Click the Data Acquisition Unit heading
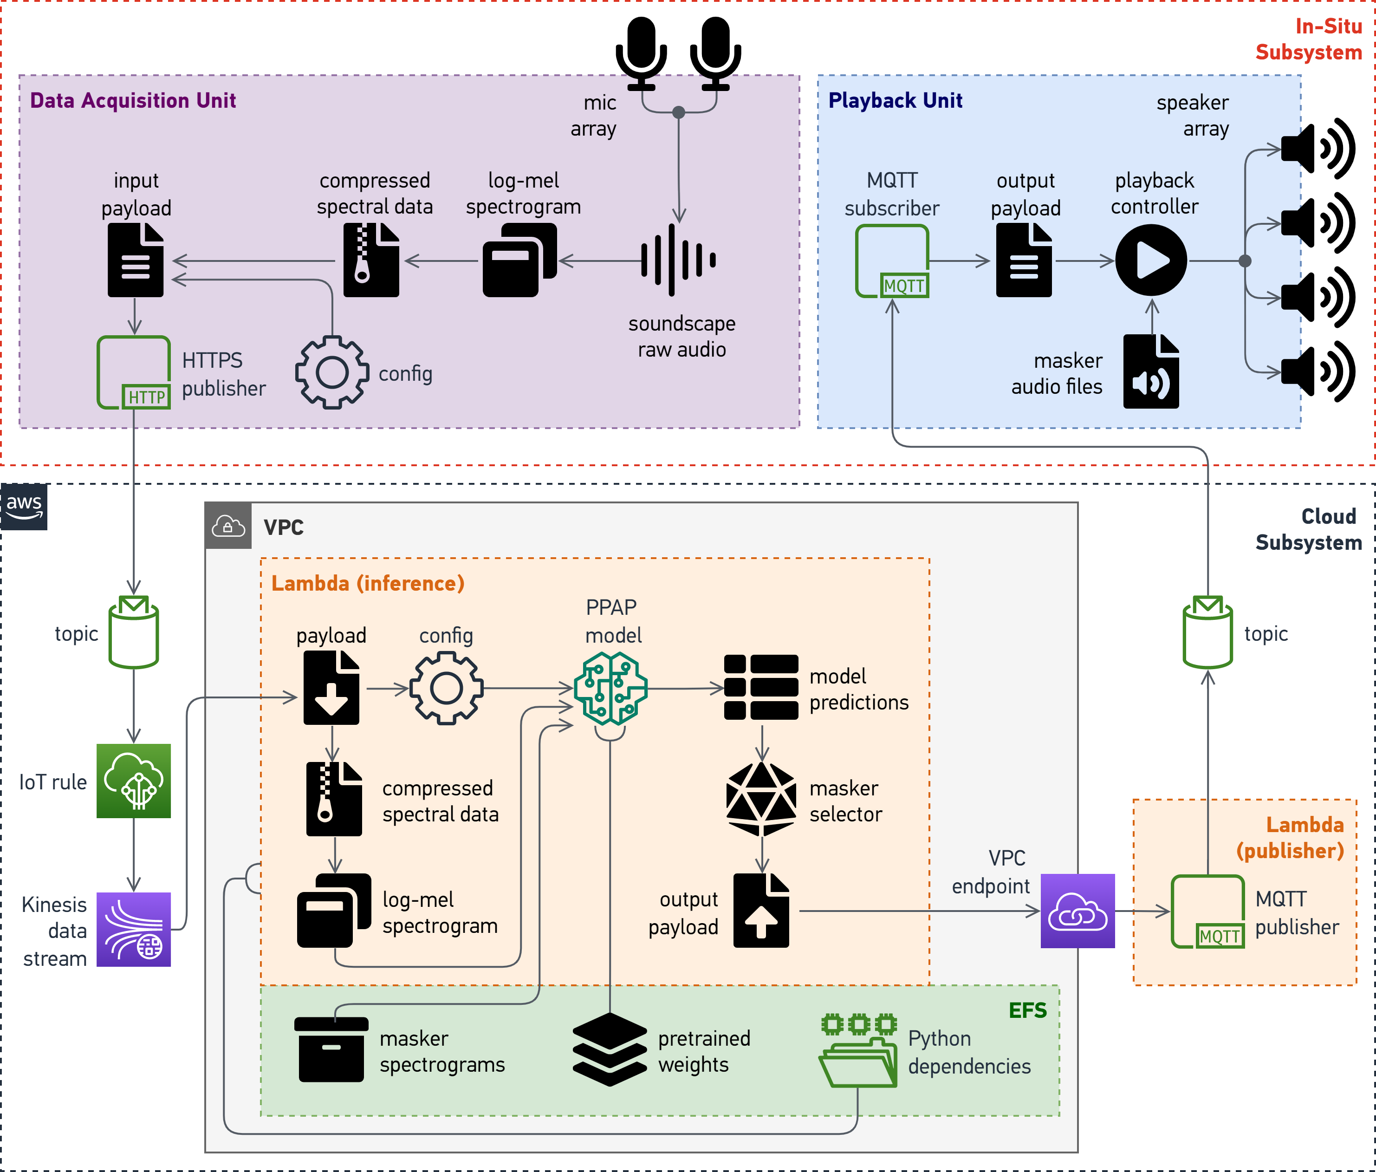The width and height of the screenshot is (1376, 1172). click(x=133, y=100)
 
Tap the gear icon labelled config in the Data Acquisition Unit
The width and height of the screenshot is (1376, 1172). click(x=331, y=373)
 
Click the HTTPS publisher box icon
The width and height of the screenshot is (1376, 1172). click(x=134, y=373)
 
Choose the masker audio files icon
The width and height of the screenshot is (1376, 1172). click(x=1151, y=371)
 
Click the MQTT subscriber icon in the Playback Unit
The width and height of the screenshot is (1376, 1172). click(x=892, y=261)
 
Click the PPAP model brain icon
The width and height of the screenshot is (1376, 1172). click(x=610, y=688)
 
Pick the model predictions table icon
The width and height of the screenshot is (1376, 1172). click(x=761, y=687)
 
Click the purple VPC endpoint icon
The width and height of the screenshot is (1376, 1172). click(x=1077, y=911)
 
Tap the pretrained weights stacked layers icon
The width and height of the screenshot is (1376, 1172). click(x=610, y=1050)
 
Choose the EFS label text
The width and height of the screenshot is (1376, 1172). click(x=1027, y=1010)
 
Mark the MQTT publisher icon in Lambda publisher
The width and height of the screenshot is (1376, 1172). click(x=1208, y=912)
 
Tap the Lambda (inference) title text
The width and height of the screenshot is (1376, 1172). click(x=368, y=583)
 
